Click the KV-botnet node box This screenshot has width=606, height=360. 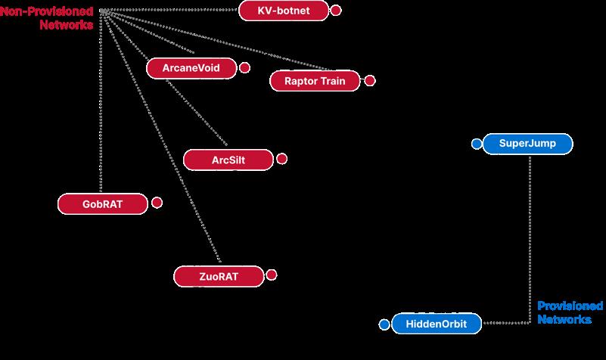coord(284,11)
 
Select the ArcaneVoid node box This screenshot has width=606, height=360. coord(191,68)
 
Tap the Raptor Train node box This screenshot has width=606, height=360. coord(315,81)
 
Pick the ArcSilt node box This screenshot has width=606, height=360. coord(228,160)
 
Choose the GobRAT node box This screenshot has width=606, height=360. coord(103,203)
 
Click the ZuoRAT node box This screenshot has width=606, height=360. coord(219,276)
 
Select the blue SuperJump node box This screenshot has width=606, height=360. coord(527,144)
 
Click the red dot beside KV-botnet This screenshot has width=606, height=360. coord(336,11)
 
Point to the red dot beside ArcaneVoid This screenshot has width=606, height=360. coord(244,68)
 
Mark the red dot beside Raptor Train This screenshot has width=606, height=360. coord(369,81)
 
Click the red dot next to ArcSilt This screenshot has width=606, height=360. coord(282,160)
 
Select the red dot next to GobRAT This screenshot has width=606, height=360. coord(157,203)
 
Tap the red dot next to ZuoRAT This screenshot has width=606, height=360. coord(272,275)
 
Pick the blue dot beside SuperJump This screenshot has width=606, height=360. coord(476,144)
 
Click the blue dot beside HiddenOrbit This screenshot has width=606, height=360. coord(384,324)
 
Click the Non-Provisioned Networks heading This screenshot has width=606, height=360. coord(47,18)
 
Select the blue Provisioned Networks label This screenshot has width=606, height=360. coord(570,312)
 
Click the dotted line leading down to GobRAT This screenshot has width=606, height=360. coord(102,113)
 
